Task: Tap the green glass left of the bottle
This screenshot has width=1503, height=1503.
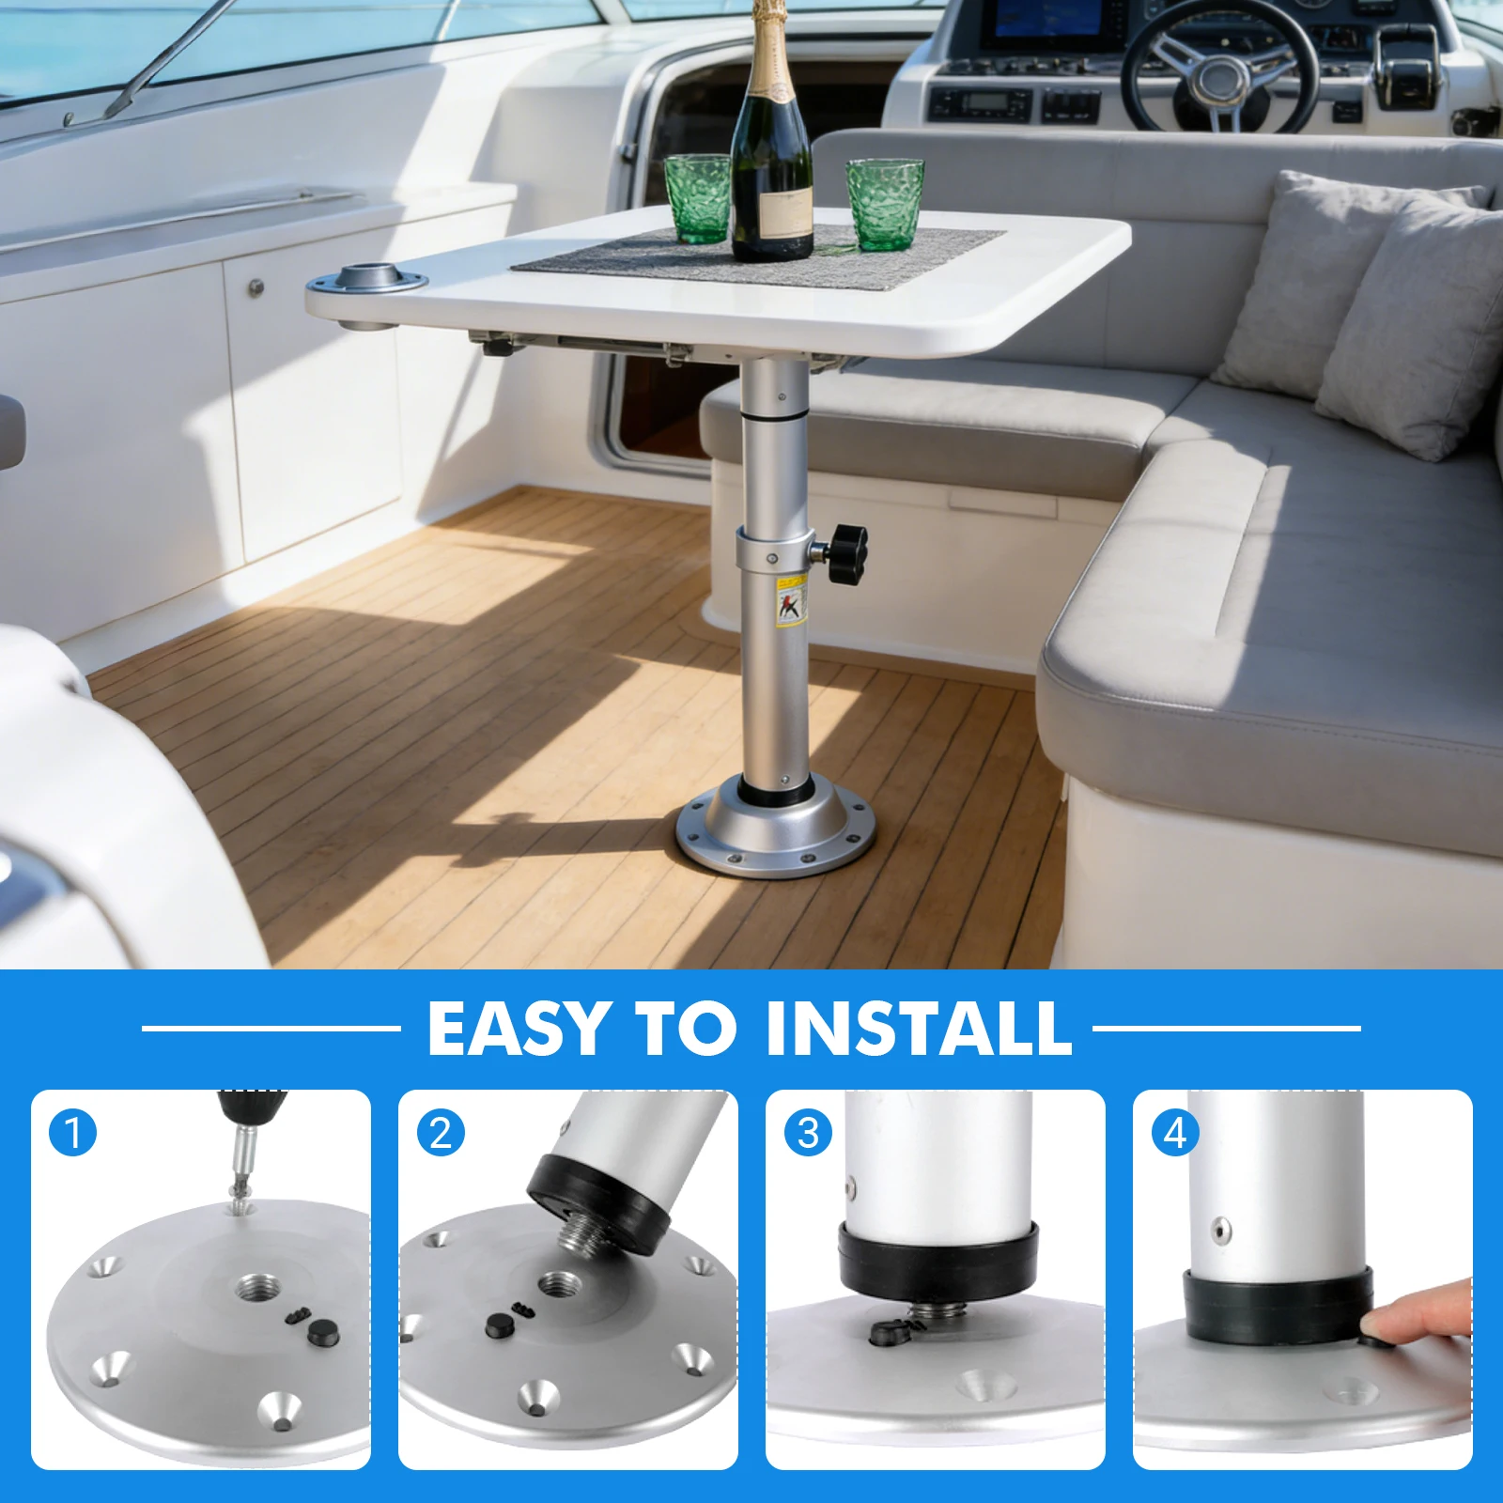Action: [698, 198]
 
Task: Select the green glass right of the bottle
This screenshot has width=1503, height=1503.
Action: [884, 204]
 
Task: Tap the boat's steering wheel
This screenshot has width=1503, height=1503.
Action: [1222, 70]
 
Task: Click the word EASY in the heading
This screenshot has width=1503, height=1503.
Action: [516, 1029]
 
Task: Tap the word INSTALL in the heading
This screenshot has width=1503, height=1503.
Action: [919, 1029]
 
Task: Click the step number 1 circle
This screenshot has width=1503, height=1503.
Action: [72, 1133]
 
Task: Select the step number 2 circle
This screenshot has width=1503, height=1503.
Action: [440, 1133]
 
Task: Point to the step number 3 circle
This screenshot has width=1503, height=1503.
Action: [807, 1133]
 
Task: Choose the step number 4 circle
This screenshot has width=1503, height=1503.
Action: [1174, 1133]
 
